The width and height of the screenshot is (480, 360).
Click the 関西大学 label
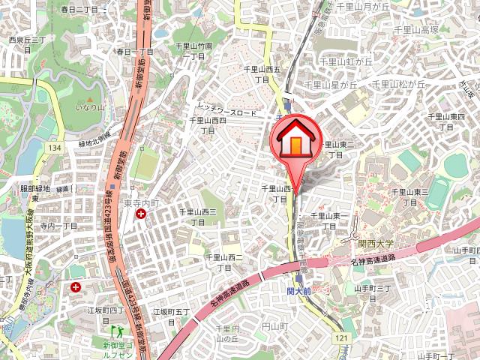[376, 243]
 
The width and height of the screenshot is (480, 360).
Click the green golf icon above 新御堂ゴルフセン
[116, 330]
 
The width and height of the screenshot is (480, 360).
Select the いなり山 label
[88, 112]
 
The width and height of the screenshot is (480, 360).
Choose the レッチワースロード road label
[227, 109]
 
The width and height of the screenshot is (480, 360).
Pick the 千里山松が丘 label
[399, 84]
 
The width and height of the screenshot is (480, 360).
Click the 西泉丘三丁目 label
[28, 40]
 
